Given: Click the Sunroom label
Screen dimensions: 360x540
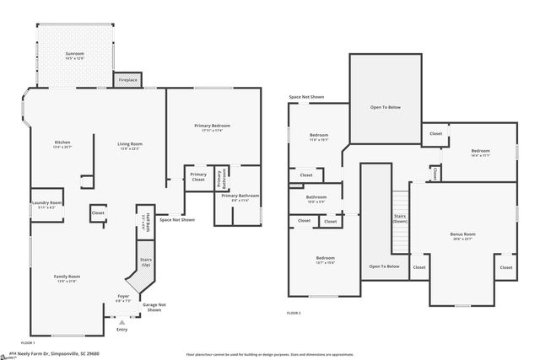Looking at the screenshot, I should [75, 56].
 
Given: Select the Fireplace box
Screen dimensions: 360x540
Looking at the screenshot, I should [127, 79].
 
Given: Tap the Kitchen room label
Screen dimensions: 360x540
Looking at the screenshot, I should [62, 144].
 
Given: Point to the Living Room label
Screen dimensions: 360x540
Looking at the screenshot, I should [129, 146].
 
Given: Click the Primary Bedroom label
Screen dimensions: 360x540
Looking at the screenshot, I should [210, 127].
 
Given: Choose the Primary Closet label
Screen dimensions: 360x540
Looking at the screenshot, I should [198, 178].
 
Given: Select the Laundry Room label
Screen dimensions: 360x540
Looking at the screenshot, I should [47, 204].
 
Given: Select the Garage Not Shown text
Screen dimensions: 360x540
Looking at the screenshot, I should [154, 308].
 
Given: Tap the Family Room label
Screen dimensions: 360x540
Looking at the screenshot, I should [67, 278].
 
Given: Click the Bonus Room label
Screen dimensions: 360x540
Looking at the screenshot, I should [462, 235].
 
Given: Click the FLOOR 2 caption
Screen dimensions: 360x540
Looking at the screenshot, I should [294, 313].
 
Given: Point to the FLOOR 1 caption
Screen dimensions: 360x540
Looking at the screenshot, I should [28, 343].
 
